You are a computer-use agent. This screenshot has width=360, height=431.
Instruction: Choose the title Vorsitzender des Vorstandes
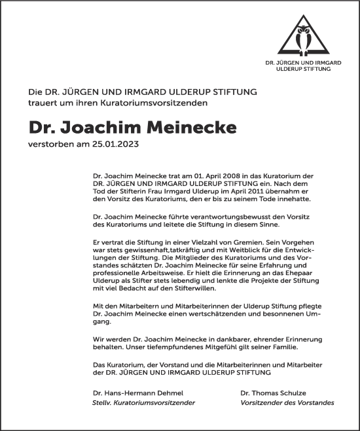[x=287, y=402]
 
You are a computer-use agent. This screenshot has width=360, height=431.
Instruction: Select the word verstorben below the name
[x=48, y=143]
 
